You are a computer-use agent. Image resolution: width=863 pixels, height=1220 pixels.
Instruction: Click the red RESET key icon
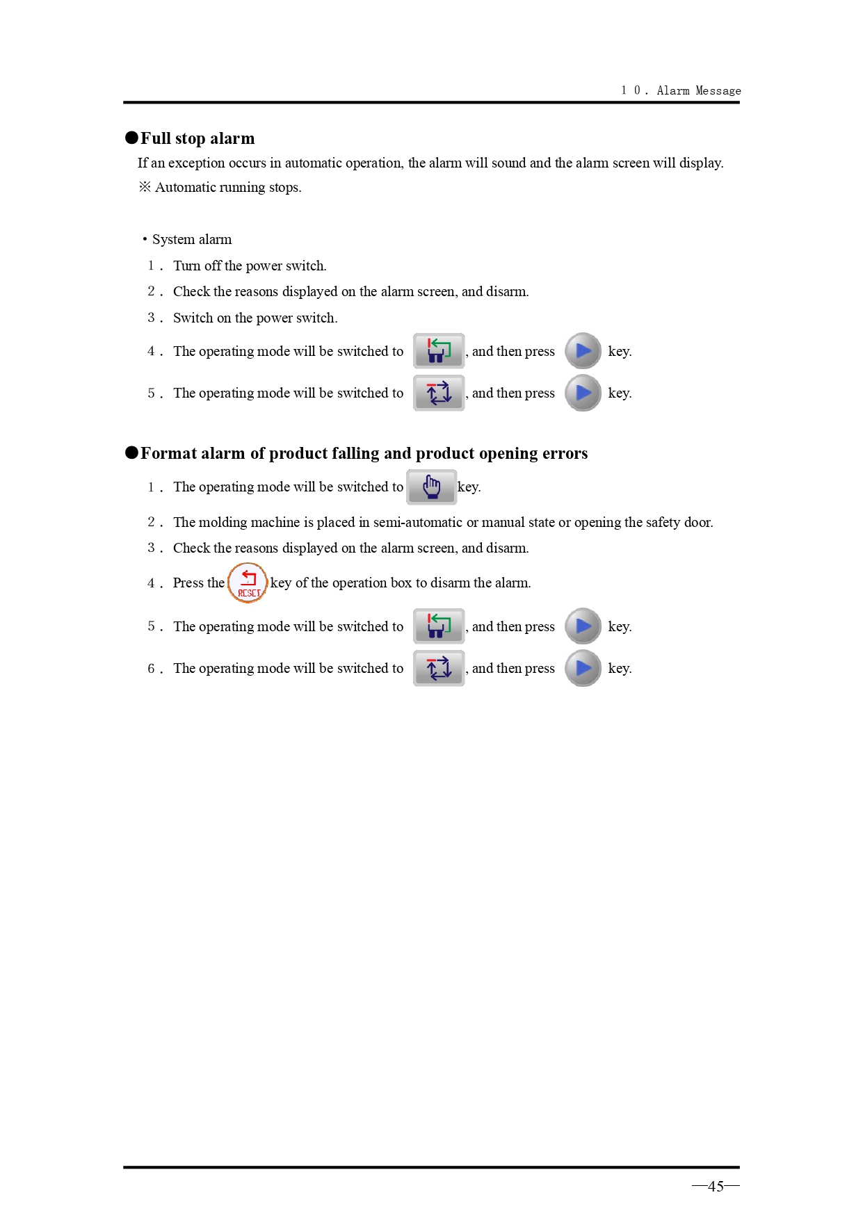(x=248, y=583)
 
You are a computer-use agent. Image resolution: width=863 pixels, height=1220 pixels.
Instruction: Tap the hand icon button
(x=431, y=487)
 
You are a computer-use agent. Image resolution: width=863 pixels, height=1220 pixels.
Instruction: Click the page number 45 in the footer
(x=716, y=1186)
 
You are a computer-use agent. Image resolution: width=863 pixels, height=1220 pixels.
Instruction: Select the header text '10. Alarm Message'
(x=681, y=90)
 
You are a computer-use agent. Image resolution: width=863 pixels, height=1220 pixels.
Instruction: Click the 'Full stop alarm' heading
(x=197, y=138)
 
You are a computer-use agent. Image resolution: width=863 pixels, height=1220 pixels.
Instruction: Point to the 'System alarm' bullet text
(x=192, y=239)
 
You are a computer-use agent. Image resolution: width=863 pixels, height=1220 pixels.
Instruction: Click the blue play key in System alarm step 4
(x=583, y=351)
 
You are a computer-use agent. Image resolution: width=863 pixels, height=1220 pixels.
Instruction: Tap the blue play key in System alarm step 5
(x=583, y=393)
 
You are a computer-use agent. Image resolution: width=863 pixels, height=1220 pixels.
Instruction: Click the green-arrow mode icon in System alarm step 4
(x=439, y=350)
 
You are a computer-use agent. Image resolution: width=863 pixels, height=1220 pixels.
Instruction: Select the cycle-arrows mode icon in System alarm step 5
(x=439, y=393)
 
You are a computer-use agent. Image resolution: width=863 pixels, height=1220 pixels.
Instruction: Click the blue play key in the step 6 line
(x=583, y=668)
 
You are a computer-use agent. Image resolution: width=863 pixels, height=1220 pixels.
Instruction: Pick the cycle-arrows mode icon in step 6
(x=439, y=668)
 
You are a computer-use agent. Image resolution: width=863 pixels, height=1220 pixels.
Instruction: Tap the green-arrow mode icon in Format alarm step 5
(x=439, y=626)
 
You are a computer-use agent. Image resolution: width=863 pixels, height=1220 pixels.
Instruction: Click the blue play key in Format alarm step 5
(x=583, y=626)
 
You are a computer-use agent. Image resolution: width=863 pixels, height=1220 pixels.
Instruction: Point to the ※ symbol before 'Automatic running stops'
(x=145, y=187)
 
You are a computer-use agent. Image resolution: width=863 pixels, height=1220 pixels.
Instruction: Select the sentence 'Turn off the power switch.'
(x=250, y=266)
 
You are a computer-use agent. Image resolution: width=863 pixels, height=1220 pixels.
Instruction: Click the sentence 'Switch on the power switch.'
(x=255, y=318)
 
